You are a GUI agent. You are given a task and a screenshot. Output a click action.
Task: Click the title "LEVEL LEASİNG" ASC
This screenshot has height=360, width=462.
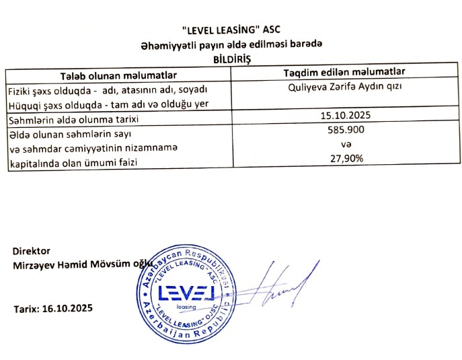pyautogui.click(x=231, y=31)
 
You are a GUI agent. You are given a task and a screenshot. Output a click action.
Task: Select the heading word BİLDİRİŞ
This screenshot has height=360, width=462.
pyautogui.click(x=231, y=59)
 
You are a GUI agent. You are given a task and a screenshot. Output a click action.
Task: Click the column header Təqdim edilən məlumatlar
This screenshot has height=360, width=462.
pyautogui.click(x=348, y=72)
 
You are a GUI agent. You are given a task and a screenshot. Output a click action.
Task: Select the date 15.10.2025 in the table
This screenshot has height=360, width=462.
pyautogui.click(x=348, y=115)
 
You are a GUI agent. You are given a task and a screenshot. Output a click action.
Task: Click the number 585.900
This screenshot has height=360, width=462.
pyautogui.click(x=348, y=130)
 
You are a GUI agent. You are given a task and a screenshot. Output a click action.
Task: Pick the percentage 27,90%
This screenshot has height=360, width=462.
pyautogui.click(x=348, y=159)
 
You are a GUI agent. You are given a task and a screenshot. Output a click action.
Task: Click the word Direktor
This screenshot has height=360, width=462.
pyautogui.click(x=31, y=251)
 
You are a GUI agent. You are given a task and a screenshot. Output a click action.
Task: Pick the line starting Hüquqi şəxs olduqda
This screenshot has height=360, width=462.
pyautogui.click(x=106, y=104)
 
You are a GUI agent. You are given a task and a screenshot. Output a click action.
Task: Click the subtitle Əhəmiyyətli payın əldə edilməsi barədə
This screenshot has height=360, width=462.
pyautogui.click(x=231, y=44)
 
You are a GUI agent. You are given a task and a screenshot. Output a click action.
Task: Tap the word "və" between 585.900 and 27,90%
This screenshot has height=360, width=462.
pyautogui.click(x=348, y=144)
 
